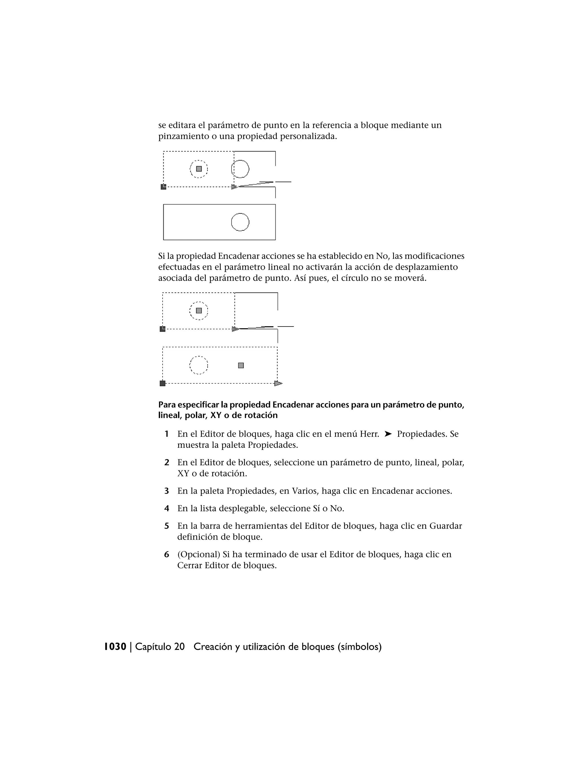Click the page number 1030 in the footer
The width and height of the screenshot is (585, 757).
115,647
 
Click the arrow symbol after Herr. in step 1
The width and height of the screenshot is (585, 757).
388,434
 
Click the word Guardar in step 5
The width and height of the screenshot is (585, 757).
445,526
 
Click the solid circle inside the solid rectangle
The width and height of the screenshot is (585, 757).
240,222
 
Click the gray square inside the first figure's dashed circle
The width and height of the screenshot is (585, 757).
199,169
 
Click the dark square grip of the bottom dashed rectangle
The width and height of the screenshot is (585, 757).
163,383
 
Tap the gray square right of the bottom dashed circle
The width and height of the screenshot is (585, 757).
241,365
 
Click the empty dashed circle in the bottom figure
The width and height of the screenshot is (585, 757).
199,365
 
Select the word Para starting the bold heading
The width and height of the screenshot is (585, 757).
167,405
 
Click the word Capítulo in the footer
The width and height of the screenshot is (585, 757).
153,647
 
